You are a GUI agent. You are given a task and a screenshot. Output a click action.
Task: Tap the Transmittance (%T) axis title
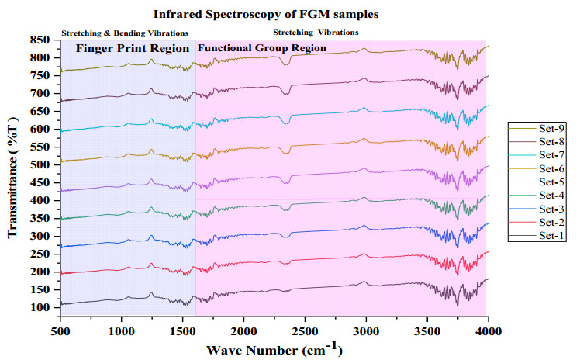[x=13, y=174]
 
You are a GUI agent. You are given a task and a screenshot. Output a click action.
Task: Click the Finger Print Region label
[x=132, y=48]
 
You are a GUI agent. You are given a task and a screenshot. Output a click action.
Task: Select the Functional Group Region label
[x=262, y=48]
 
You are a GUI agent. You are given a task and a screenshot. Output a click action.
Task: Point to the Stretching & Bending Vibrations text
[x=125, y=33]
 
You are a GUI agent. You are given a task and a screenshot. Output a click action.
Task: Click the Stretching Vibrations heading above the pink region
[x=316, y=33]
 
